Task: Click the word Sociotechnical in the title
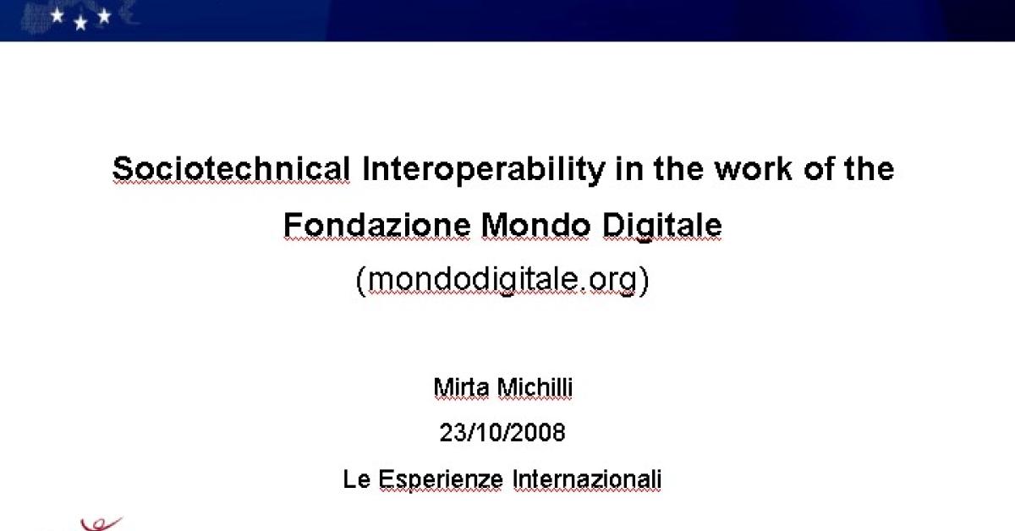231,168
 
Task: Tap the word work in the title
753,168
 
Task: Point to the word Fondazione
377,225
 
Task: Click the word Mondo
535,225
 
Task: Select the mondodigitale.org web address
502,280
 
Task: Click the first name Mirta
461,388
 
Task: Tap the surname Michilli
535,388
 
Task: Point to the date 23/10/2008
502,432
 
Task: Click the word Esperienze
441,479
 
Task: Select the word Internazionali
587,479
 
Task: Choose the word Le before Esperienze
357,479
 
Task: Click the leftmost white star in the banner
58,15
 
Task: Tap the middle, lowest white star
80,23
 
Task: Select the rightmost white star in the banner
104,16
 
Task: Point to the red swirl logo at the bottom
101,524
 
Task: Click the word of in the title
818,168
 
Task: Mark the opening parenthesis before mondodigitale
360,281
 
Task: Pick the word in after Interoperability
629,168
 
